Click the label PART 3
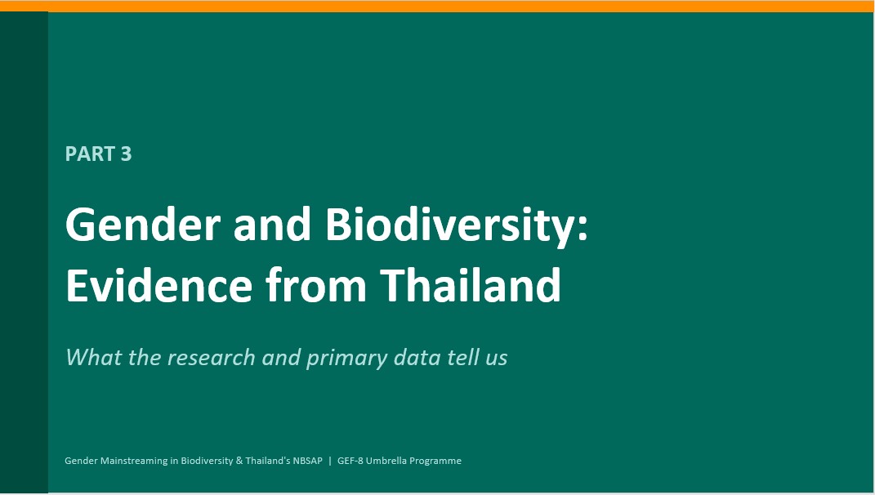click(x=98, y=154)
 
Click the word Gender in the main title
click(x=143, y=225)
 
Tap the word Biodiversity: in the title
click(x=456, y=225)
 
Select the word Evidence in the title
click(x=159, y=285)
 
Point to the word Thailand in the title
click(x=471, y=284)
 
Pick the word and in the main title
click(x=272, y=225)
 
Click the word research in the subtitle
click(x=211, y=358)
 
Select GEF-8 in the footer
click(x=350, y=461)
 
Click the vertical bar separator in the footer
click(x=330, y=461)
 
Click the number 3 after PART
click(x=126, y=154)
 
